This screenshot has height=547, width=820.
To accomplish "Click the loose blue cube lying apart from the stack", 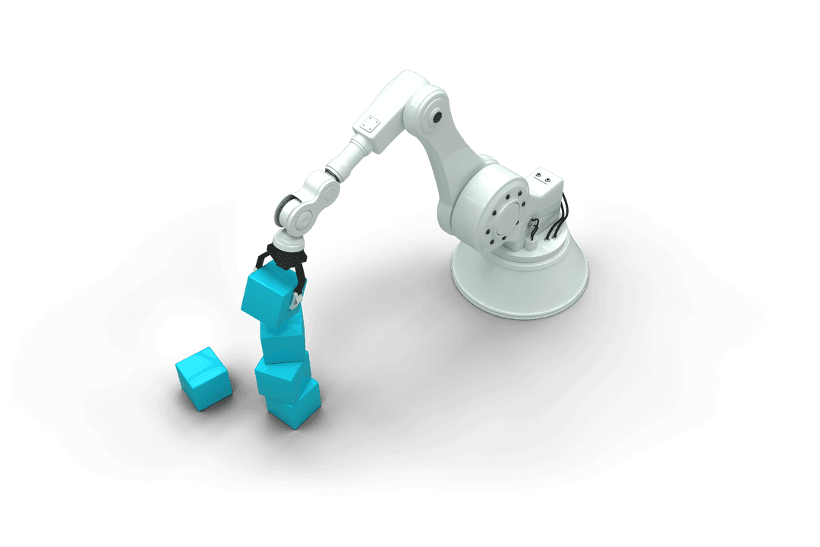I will tap(203, 378).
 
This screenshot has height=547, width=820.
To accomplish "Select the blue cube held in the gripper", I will tap(267, 297).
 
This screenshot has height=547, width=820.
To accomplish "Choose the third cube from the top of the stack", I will tap(281, 374).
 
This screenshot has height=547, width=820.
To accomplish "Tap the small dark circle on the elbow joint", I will tap(438, 116).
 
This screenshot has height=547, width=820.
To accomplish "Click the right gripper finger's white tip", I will tap(295, 301).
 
